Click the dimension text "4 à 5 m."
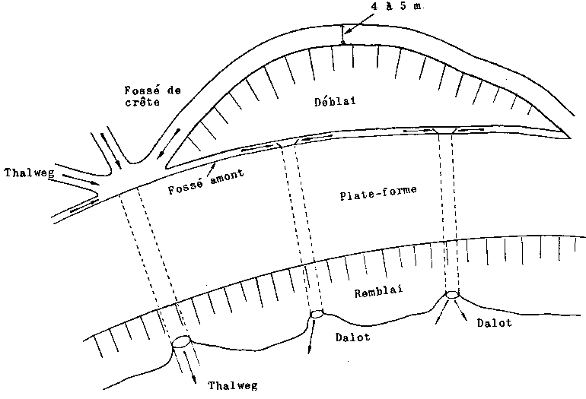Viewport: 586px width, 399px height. click(x=397, y=6)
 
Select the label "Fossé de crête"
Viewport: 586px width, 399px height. click(x=152, y=97)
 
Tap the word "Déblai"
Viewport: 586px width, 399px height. click(x=335, y=101)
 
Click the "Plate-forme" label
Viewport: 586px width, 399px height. click(x=378, y=192)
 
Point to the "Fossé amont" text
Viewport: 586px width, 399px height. click(x=206, y=182)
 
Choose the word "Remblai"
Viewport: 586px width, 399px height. click(x=378, y=291)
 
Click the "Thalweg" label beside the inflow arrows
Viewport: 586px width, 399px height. click(x=29, y=173)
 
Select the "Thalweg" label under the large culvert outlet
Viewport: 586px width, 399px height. click(x=232, y=385)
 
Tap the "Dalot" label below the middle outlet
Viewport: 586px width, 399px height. click(x=353, y=337)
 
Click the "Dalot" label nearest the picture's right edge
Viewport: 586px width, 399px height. click(x=494, y=322)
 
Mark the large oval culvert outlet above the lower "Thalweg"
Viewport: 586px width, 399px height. click(x=181, y=341)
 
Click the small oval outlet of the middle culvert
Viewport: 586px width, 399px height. click(x=317, y=314)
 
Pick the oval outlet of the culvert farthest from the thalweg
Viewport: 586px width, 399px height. click(x=452, y=294)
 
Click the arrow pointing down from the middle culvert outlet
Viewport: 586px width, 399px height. click(x=311, y=336)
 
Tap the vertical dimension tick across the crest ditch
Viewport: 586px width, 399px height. click(x=342, y=34)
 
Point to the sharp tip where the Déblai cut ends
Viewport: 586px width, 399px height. click(x=570, y=138)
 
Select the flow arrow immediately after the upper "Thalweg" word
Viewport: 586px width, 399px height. click(x=81, y=179)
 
